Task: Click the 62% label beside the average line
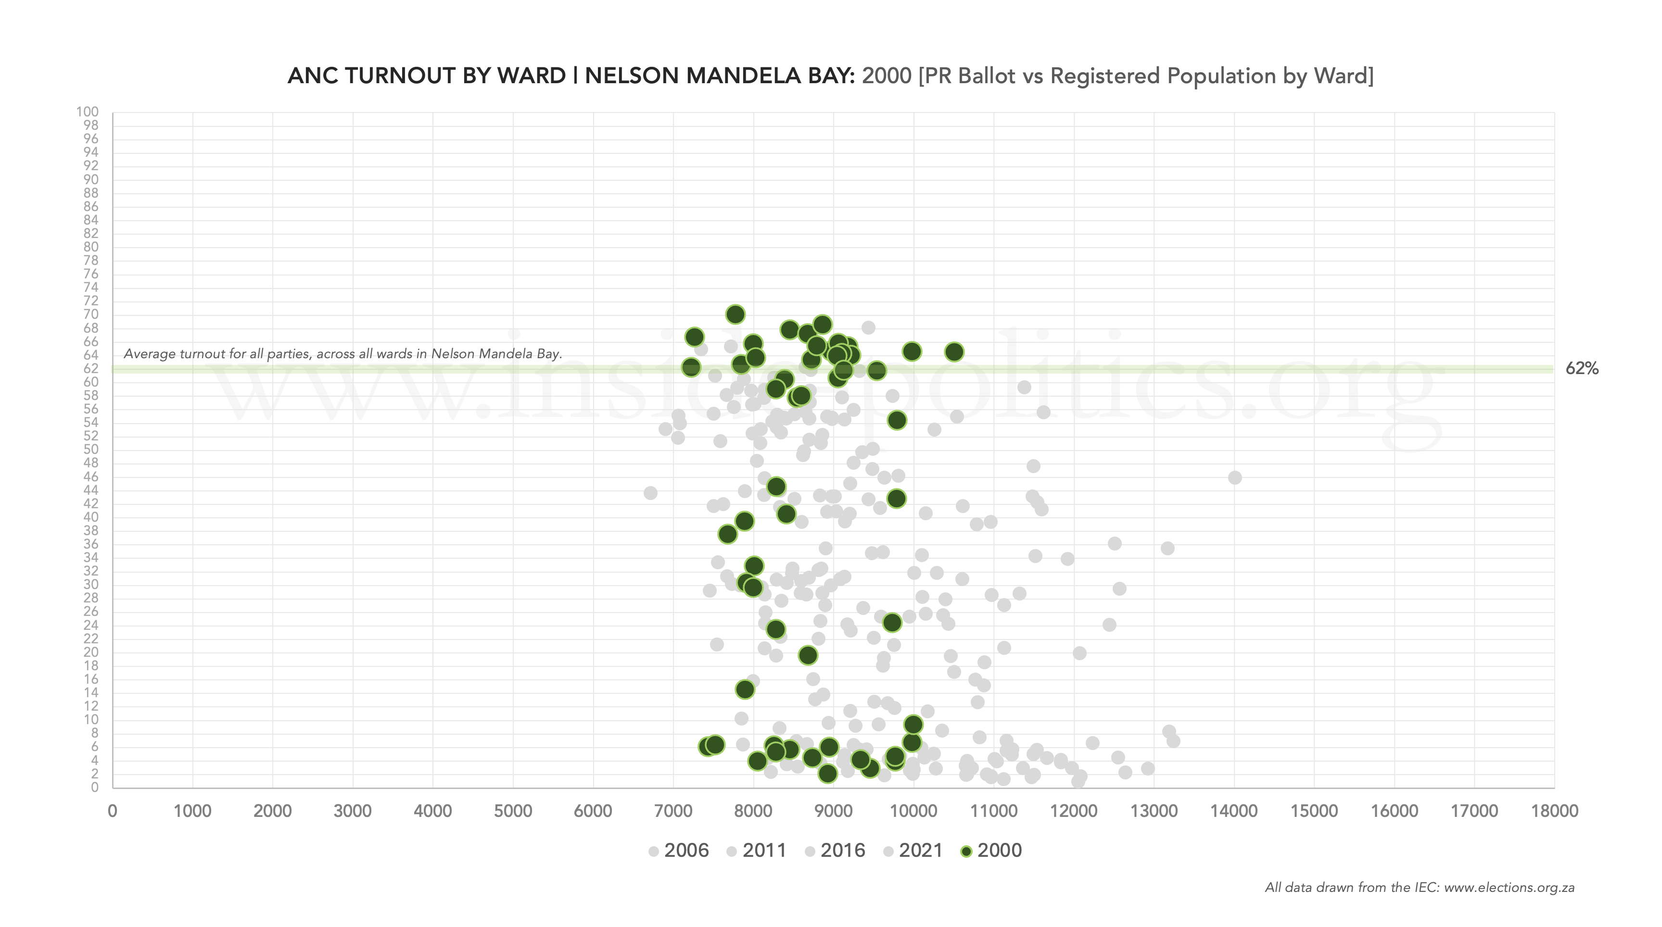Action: tap(1581, 368)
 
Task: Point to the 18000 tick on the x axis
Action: tap(1554, 811)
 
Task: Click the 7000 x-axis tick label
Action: tap(673, 811)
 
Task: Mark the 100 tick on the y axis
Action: tap(87, 112)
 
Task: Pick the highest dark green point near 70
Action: tap(735, 314)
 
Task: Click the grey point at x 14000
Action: tap(1234, 477)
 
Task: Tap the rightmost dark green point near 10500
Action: tap(954, 351)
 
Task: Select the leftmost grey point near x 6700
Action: tap(650, 493)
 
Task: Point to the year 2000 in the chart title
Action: tap(887, 76)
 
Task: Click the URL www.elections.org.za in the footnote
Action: tap(1509, 887)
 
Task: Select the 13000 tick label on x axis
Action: tap(1154, 811)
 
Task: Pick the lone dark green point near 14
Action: tap(745, 689)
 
